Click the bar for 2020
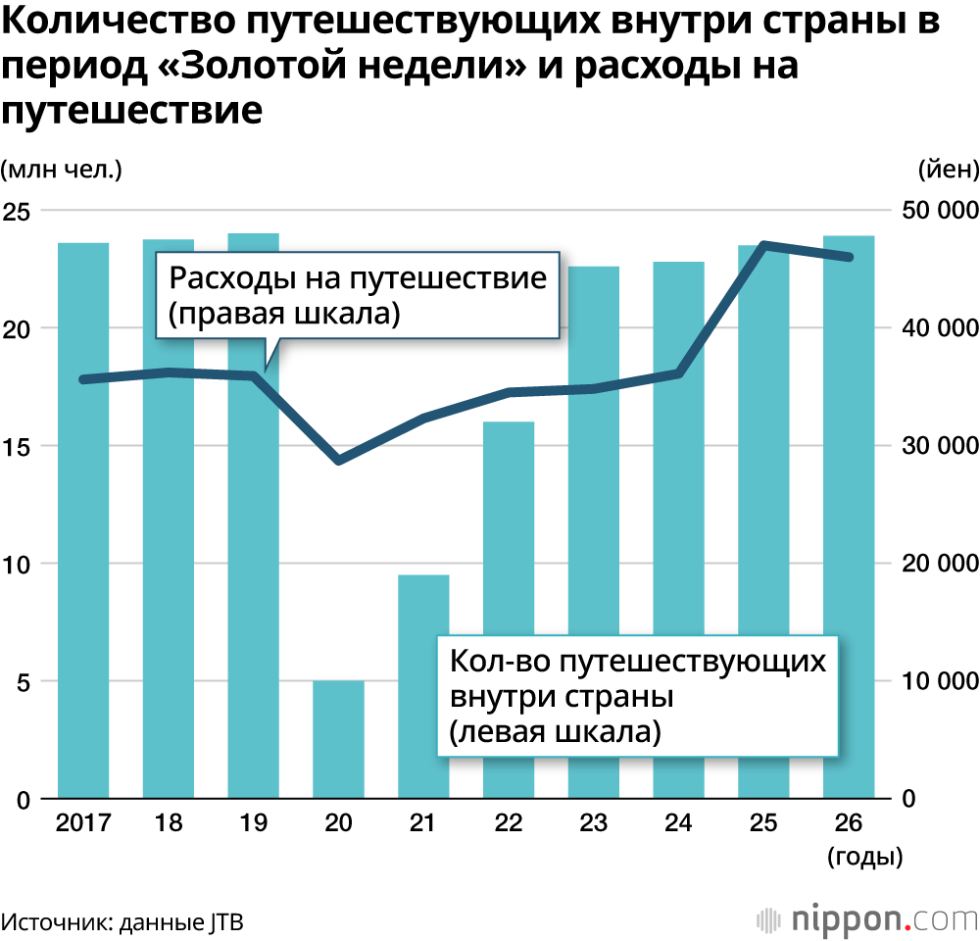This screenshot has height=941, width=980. click(338, 739)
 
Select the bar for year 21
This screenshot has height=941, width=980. click(423, 686)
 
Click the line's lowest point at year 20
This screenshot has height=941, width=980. click(338, 460)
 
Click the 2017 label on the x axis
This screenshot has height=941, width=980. click(83, 824)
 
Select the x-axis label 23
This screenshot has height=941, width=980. click(593, 824)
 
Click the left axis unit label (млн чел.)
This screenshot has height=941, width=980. click(62, 169)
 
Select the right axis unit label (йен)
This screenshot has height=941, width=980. click(948, 169)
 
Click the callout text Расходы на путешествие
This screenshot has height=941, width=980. click(358, 278)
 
